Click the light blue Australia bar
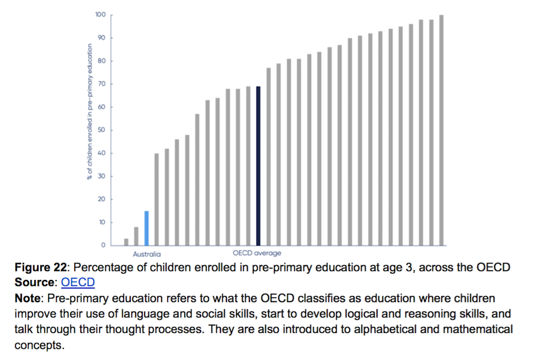[x=146, y=228]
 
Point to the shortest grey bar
[x=126, y=242]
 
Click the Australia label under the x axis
[x=147, y=254]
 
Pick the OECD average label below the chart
[x=257, y=253]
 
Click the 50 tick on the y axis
[x=102, y=130]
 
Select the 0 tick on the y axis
[x=104, y=245]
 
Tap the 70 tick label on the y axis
[x=102, y=84]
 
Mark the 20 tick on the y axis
[x=102, y=199]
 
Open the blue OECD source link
[x=78, y=282]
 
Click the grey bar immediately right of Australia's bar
[x=157, y=199]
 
